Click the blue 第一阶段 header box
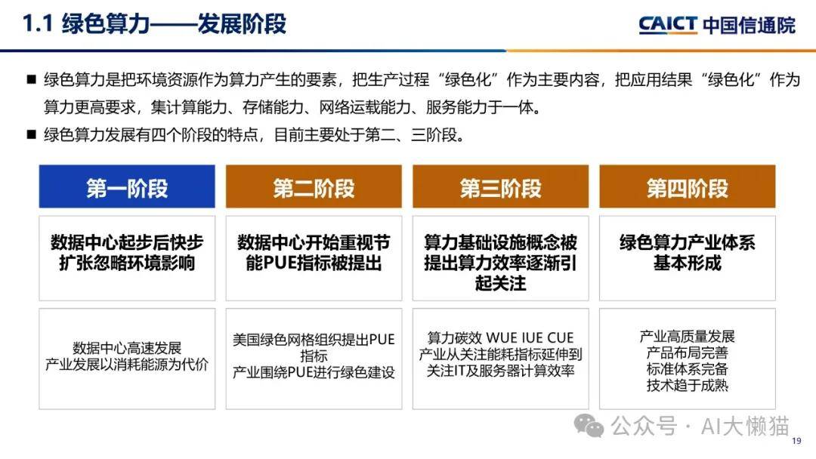coord(127,186)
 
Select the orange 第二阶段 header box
coord(314,186)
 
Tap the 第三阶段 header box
coord(501,186)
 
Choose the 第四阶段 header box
coord(688,186)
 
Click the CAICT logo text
coord(668,24)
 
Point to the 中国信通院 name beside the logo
coord(750,25)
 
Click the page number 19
coord(796,441)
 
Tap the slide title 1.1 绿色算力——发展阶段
coord(155,24)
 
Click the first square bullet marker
coord(31,79)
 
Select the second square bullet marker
coord(31,134)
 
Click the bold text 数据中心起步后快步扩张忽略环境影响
coord(127,253)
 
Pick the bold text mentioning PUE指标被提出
coord(314,253)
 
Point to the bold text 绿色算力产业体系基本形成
coord(688,253)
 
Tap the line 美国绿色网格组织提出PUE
coord(314,340)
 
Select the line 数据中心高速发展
coord(127,348)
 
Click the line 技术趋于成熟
coord(688,385)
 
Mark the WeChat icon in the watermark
coord(589,427)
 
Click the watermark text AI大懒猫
coord(745,427)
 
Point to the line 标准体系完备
coord(688,369)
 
